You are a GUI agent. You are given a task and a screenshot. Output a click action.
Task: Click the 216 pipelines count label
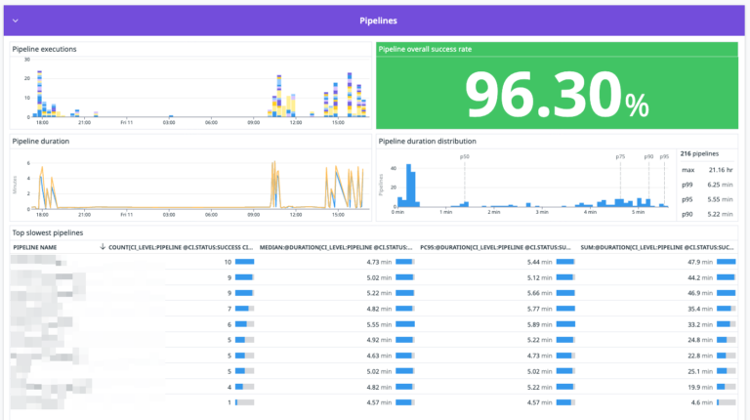[x=700, y=153]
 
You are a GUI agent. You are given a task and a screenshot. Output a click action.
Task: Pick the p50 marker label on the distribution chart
[x=465, y=156]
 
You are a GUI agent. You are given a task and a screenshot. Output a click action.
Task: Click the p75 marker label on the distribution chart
[x=620, y=156]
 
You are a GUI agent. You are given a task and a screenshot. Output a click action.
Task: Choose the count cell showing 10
[x=228, y=262]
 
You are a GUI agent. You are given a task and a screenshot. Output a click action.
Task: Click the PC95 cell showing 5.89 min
[x=540, y=324]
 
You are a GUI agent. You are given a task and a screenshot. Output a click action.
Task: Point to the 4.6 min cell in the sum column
[x=701, y=401]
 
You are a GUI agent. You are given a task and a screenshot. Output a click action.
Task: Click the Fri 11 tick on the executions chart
[x=127, y=122]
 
